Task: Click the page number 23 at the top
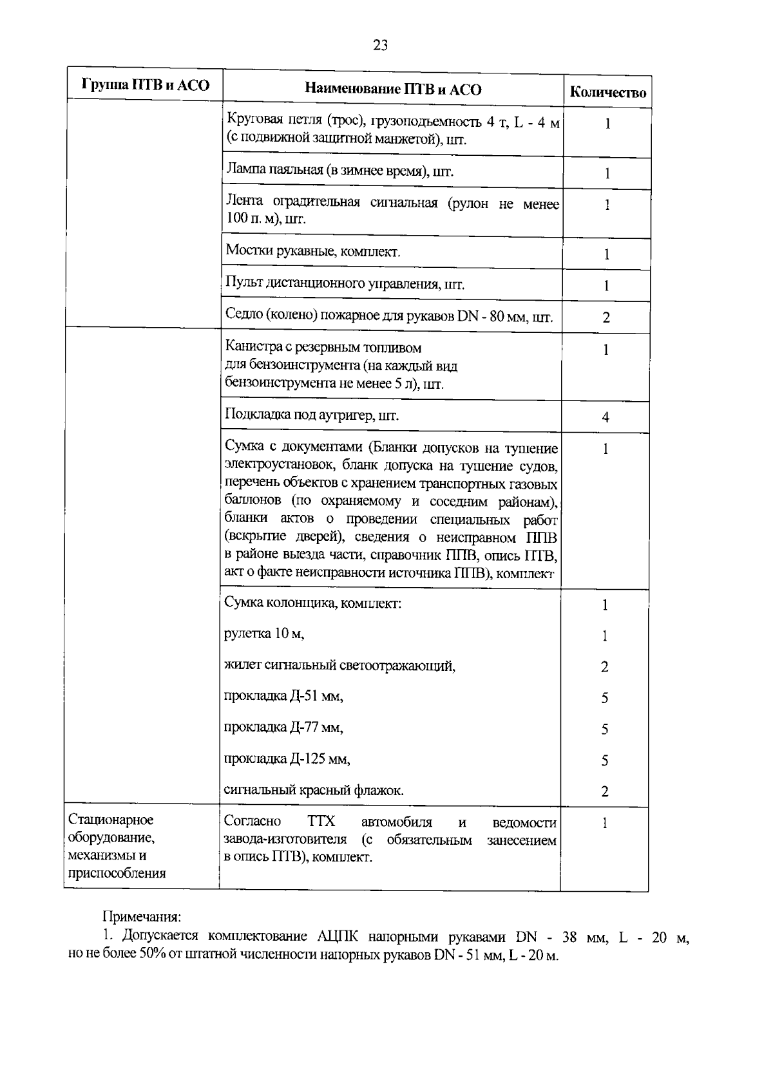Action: (380, 45)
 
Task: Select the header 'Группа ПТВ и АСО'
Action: (146, 85)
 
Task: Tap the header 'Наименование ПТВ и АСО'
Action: (393, 89)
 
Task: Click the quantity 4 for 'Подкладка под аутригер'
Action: (606, 418)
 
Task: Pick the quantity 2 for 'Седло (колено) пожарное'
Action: (606, 317)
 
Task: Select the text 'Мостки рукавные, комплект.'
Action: (312, 252)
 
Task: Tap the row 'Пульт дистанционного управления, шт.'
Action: (345, 284)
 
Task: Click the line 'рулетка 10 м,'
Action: (263, 634)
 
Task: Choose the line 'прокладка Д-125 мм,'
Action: (287, 759)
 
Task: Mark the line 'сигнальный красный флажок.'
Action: (314, 790)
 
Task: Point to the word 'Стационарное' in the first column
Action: (111, 820)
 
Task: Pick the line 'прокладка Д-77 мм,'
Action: (283, 728)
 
